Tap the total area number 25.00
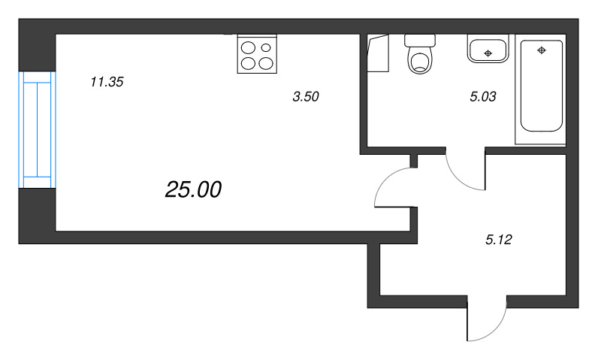point(193,190)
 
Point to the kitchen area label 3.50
point(306,96)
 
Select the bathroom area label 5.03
point(483,96)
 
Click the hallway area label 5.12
point(499,241)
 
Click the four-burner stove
point(256,54)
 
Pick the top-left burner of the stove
point(248,47)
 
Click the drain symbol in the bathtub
point(541,50)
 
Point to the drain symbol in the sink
point(488,53)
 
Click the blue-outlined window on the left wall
point(37,129)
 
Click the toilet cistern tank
point(420,40)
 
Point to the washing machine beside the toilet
point(379,53)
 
